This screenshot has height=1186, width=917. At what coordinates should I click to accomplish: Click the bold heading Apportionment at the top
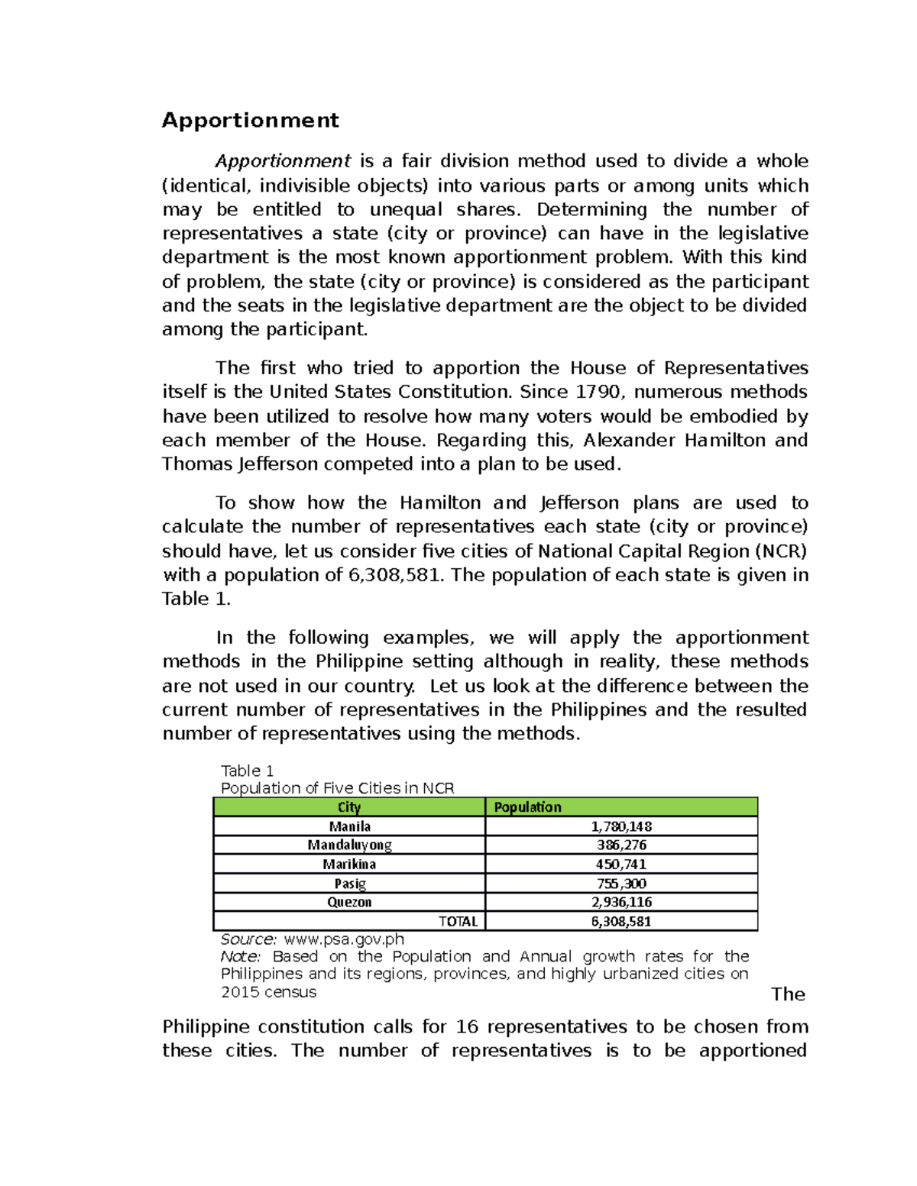coord(250,121)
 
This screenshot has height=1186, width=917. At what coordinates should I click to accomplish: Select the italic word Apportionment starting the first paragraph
coord(283,161)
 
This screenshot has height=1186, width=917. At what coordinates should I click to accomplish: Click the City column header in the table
coord(349,807)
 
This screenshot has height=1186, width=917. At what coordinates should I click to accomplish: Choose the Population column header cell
coord(527,807)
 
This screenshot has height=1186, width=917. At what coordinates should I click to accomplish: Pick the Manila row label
coord(349,826)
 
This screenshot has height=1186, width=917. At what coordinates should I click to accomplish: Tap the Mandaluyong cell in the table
coord(349,845)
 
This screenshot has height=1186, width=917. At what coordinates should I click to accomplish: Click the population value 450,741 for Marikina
coord(621,864)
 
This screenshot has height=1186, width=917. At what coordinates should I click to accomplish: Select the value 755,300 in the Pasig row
coord(621,884)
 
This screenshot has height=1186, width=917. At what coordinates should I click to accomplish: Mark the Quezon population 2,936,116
coord(621,902)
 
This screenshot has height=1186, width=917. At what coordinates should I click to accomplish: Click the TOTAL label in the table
coord(458,921)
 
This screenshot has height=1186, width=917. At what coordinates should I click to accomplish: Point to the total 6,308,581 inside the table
coord(621,921)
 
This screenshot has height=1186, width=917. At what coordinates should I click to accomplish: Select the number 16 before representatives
coord(467,1026)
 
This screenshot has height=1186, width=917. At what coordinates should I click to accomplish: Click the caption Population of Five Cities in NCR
coord(337,788)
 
